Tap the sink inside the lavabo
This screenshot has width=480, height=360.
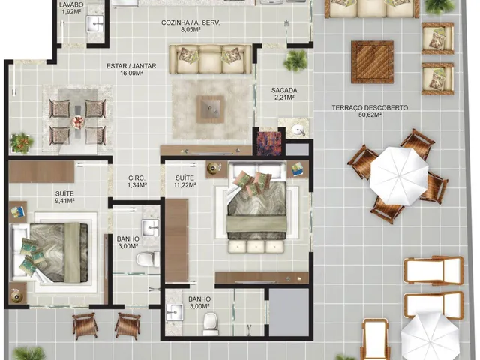pyautogui.click(x=94, y=24)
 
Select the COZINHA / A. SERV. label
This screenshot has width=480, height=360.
pyautogui.click(x=190, y=22)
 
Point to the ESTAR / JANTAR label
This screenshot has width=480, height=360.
pyautogui.click(x=131, y=66)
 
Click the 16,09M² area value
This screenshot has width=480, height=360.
pyautogui.click(x=132, y=73)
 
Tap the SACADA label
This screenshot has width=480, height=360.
pyautogui.click(x=284, y=90)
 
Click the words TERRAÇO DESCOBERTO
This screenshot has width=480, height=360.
pyautogui.click(x=370, y=108)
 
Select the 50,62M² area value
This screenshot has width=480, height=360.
pyautogui.click(x=370, y=115)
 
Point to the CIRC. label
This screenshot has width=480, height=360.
pyautogui.click(x=136, y=178)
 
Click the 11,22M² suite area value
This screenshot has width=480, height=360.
pyautogui.click(x=185, y=185)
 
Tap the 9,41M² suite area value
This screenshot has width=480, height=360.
pyautogui.click(x=65, y=201)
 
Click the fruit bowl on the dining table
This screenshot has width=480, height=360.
pyautogui.click(x=77, y=122)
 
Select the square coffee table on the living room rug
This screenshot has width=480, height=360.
pyautogui.click(x=210, y=109)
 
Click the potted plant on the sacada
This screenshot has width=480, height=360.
pyautogui.click(x=295, y=60)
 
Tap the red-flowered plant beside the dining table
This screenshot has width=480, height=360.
pyautogui.click(x=21, y=143)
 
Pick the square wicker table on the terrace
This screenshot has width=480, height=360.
pyautogui.click(x=372, y=62)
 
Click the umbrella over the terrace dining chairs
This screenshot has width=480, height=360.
pyautogui.click(x=399, y=177)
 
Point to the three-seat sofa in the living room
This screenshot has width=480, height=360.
pyautogui.click(x=211, y=59)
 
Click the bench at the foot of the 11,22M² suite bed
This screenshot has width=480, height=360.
pyautogui.click(x=256, y=246)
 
